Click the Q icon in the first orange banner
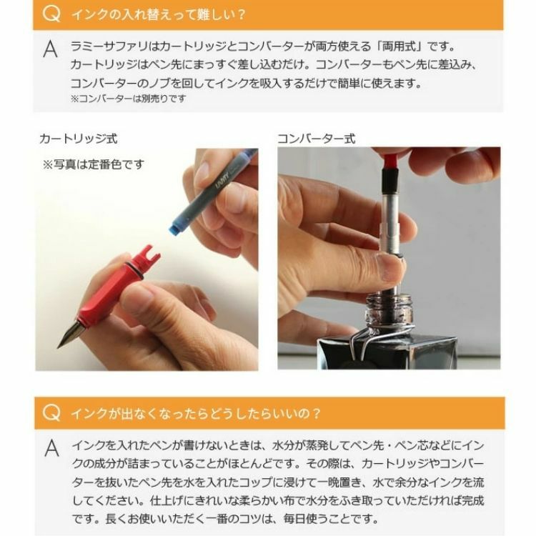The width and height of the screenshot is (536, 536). point(51,14)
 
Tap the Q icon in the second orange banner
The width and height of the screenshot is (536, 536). point(51,412)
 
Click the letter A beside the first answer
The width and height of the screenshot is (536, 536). point(51,49)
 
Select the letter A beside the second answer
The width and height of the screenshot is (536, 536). point(51,448)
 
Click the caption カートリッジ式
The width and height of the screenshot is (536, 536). point(79,139)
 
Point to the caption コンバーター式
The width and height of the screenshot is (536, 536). point(316,139)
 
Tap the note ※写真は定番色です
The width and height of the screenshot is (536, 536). point(94,164)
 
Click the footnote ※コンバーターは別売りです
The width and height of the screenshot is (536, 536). point(129,99)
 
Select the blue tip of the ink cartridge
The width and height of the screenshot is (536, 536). point(175,227)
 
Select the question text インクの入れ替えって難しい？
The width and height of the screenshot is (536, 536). point(159,14)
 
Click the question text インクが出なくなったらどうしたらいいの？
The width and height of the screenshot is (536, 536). point(196,413)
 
